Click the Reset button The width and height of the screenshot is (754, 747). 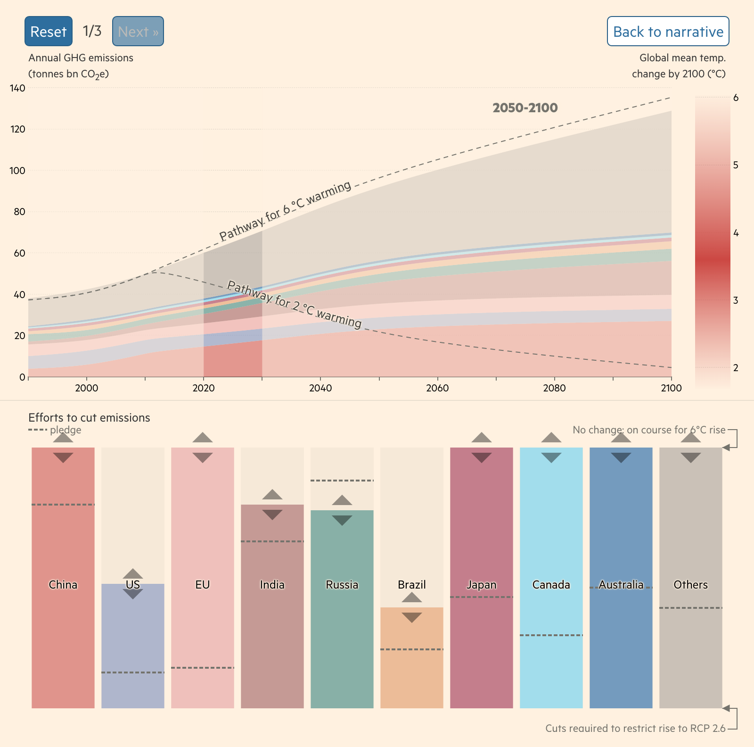click(x=49, y=31)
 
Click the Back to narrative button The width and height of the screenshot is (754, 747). click(x=668, y=31)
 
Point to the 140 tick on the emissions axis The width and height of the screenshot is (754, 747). click(x=17, y=88)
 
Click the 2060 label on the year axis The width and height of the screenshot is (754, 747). click(x=437, y=388)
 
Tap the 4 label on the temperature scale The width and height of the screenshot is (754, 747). click(x=736, y=233)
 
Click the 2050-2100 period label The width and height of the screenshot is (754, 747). click(x=525, y=108)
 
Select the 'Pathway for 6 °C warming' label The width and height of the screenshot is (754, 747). click(x=285, y=210)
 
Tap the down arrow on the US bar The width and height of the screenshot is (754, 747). click(x=133, y=594)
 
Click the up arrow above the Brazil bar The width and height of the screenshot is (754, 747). click(x=412, y=598)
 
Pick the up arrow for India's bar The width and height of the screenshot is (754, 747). click(x=272, y=494)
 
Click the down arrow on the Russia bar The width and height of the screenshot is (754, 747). click(x=342, y=521)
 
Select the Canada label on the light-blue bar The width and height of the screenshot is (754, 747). click(x=551, y=585)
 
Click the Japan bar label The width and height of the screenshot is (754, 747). click(x=481, y=585)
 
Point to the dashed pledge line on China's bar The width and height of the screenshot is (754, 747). click(x=63, y=505)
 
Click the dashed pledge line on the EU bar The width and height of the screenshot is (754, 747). click(x=203, y=668)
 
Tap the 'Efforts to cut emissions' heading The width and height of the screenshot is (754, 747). click(x=89, y=417)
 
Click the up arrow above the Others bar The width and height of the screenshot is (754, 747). click(x=691, y=438)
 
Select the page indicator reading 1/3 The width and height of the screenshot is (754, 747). click(x=92, y=31)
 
